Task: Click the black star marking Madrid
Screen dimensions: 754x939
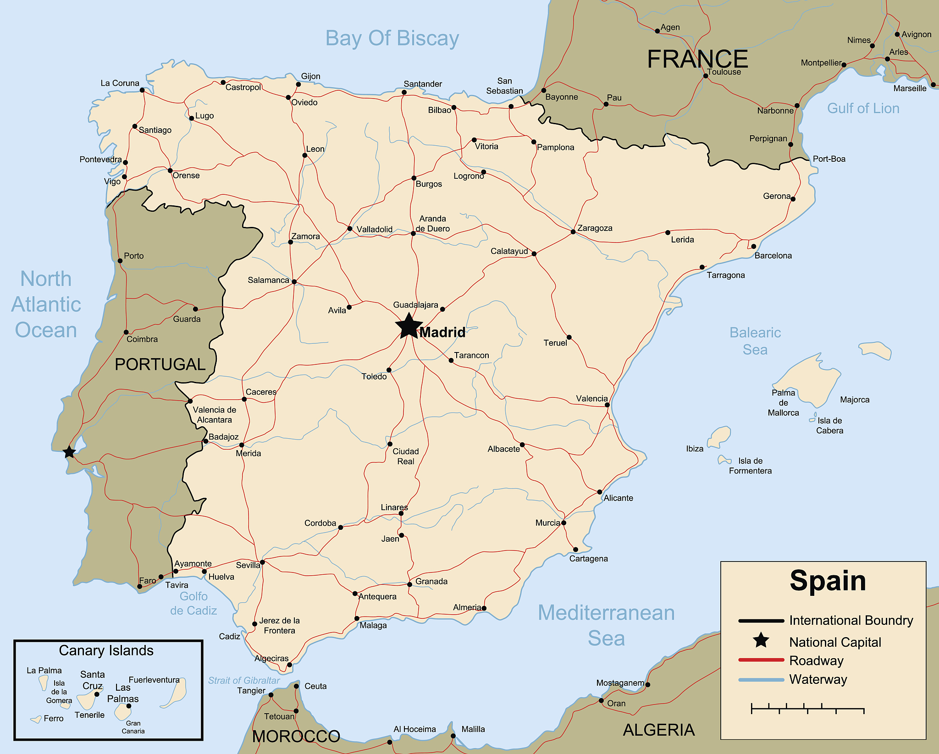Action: click(x=408, y=327)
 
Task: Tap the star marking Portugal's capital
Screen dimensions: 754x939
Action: click(x=69, y=452)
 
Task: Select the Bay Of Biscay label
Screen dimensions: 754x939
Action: click(x=392, y=38)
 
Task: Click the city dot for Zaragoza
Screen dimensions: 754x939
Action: click(x=573, y=232)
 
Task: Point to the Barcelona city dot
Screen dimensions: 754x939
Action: click(x=753, y=247)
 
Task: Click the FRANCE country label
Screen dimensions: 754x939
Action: click(x=697, y=59)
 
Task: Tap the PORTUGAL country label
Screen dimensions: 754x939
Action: click(x=160, y=364)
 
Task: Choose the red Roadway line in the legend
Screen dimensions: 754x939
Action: click(x=761, y=660)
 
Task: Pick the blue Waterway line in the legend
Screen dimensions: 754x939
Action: click(x=761, y=680)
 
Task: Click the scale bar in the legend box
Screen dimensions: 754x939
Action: click(x=807, y=709)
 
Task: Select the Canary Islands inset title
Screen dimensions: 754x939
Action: click(x=106, y=650)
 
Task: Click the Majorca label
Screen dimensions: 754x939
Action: click(x=854, y=400)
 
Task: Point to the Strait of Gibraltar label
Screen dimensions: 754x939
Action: click(x=243, y=680)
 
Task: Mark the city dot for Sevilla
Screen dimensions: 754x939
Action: click(x=262, y=562)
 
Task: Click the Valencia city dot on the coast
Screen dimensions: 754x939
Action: click(x=607, y=405)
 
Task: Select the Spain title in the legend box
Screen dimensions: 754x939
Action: click(x=828, y=581)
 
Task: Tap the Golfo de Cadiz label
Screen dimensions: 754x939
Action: click(x=193, y=603)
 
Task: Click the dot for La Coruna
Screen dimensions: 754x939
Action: click(x=142, y=90)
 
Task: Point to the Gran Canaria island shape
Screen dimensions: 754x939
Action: click(x=123, y=712)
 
